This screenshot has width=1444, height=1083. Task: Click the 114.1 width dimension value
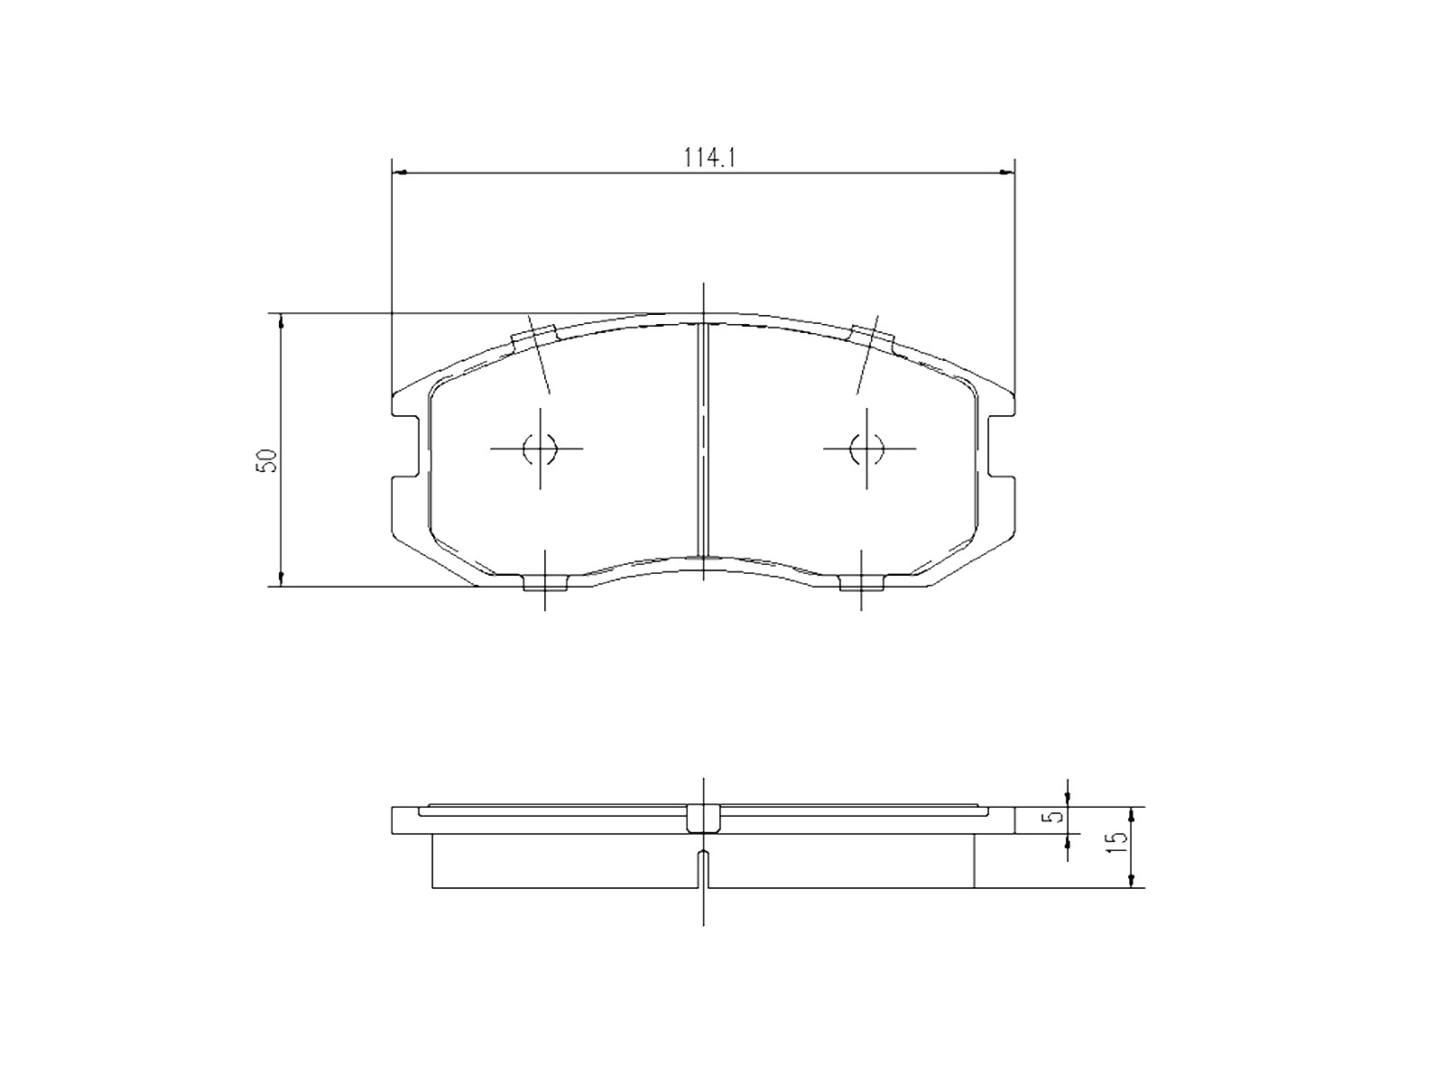coord(711,157)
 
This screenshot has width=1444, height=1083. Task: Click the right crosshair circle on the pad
coord(866,448)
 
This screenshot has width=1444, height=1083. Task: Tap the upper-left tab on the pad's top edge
coord(534,338)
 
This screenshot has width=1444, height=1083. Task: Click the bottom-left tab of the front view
coord(545,584)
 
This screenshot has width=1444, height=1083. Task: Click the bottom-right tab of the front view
coord(861,584)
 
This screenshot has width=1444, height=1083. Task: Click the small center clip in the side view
coord(704,819)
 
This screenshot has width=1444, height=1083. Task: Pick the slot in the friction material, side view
coord(704,868)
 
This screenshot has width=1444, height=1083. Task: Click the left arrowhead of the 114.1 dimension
coord(402,171)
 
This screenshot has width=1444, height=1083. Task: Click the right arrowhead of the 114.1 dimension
coord(1006,171)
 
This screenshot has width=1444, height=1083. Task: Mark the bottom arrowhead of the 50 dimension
coord(282,579)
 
